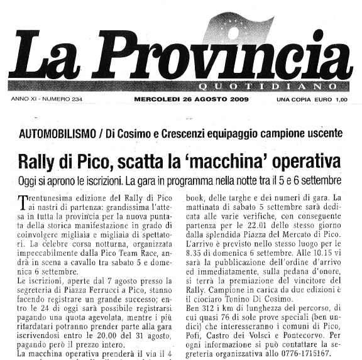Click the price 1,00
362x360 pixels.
(x=340, y=99)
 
